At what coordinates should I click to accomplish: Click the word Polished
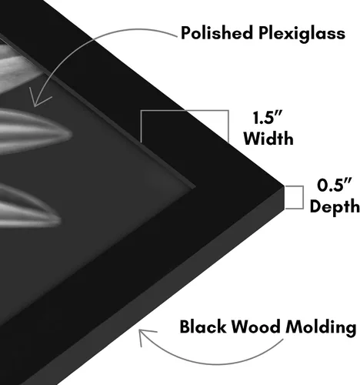(x=216, y=33)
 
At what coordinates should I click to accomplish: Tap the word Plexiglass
(x=302, y=35)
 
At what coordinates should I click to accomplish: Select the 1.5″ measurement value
(x=268, y=118)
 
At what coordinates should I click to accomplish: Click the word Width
(x=268, y=139)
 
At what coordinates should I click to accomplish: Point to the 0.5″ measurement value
(x=334, y=185)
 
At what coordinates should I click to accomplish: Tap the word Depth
(x=335, y=206)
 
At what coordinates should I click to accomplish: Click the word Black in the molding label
(x=203, y=326)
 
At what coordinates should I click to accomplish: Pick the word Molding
(x=321, y=328)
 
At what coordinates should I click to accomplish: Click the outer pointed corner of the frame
(x=284, y=186)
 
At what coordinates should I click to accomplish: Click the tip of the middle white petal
(x=71, y=134)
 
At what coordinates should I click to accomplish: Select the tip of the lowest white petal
(x=62, y=220)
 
